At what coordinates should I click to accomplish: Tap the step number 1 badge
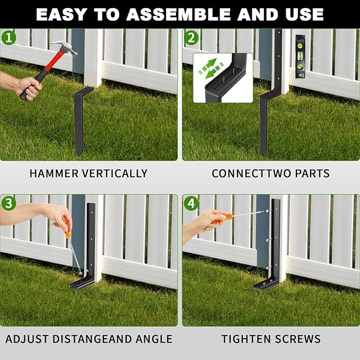pyautogui.click(x=8, y=38)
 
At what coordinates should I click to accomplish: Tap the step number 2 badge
pyautogui.click(x=191, y=38)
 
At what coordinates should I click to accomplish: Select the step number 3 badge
pyautogui.click(x=8, y=203)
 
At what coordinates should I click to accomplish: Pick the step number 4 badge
pyautogui.click(x=191, y=203)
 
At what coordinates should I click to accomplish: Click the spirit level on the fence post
pyautogui.click(x=301, y=56)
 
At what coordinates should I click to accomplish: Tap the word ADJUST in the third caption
pyautogui.click(x=25, y=339)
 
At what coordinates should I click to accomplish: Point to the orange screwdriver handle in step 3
pyautogui.click(x=68, y=233)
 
